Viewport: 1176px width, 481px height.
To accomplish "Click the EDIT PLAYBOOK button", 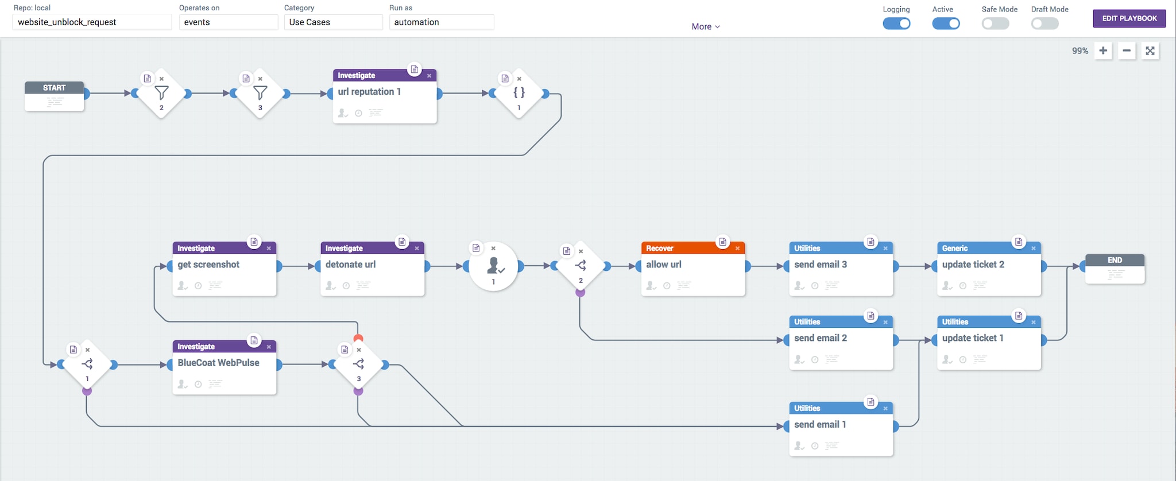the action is tap(1129, 18).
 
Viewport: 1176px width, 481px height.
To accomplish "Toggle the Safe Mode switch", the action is tap(995, 24).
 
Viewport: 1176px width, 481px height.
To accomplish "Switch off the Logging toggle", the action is tap(896, 24).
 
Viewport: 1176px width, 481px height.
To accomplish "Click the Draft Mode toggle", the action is tap(1045, 24).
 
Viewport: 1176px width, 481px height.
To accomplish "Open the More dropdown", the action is tap(706, 26).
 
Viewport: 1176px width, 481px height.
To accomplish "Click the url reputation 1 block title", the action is tap(369, 92).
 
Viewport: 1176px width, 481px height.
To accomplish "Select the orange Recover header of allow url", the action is tap(693, 248).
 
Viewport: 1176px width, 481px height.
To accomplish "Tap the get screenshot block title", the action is tap(208, 265).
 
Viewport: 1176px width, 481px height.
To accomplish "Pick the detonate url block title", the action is tap(350, 265).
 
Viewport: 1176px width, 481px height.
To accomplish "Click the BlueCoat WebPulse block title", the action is tap(218, 363).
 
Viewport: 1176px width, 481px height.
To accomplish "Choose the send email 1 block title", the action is tap(820, 425).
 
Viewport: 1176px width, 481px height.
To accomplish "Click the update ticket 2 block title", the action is tap(973, 265).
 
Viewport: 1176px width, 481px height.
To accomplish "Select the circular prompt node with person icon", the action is tap(493, 266).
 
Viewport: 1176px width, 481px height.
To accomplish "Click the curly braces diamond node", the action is tap(519, 94).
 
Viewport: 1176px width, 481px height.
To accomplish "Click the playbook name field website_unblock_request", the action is tap(92, 22).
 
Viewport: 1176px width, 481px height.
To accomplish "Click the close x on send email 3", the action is tap(885, 249).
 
